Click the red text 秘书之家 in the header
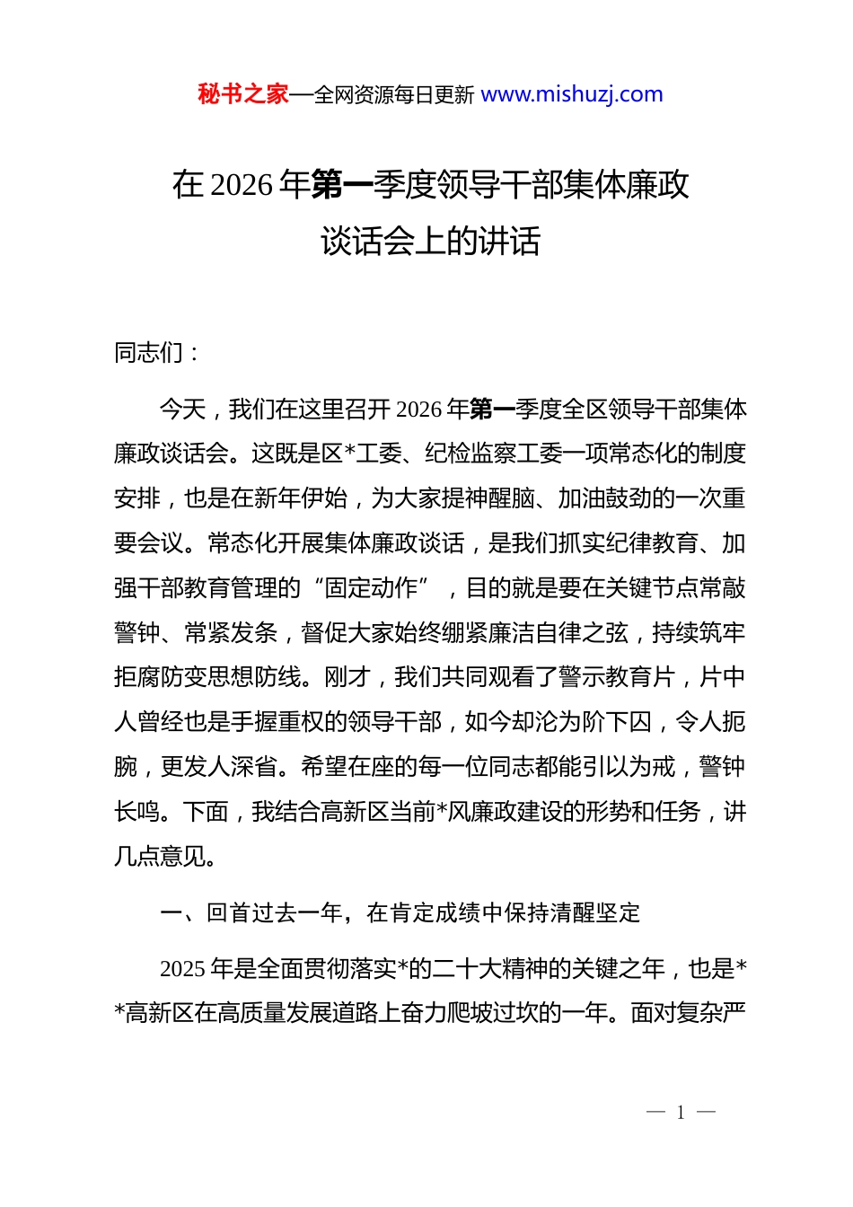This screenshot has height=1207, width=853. point(242,94)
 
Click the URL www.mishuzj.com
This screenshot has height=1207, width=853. point(572,94)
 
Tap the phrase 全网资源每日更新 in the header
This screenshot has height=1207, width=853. point(394,95)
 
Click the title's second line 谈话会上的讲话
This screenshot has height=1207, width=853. point(430,241)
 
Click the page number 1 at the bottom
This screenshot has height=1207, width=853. point(681,1113)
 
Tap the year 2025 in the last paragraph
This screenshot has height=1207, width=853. point(182,969)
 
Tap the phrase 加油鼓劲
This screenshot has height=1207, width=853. point(605,498)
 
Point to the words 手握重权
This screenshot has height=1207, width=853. point(277,722)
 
